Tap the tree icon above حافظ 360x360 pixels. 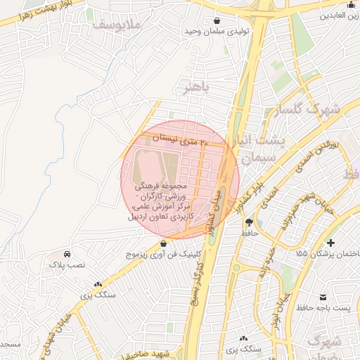(248, 222)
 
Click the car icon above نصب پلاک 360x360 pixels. (67, 253)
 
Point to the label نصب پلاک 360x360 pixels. (67, 265)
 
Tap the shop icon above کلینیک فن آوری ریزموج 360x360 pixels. (163, 243)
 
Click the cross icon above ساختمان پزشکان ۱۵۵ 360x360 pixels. (330, 242)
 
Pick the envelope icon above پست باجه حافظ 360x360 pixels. (323, 297)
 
